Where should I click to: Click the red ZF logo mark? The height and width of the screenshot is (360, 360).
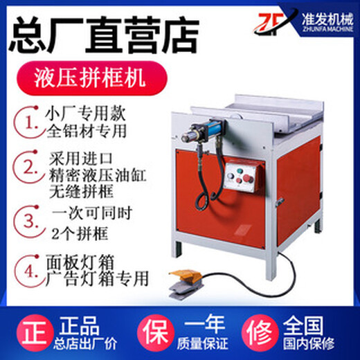point(270,24)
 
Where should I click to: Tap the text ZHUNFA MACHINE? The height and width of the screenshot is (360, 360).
point(327,29)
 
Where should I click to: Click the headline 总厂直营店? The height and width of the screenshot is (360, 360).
point(104,35)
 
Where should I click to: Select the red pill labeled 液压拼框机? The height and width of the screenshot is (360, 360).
point(91,78)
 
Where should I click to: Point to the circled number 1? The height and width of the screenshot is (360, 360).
point(30,123)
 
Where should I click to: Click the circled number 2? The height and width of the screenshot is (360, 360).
point(30,167)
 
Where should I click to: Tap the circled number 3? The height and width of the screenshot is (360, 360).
point(30,221)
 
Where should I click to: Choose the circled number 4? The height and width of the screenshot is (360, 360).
point(30,271)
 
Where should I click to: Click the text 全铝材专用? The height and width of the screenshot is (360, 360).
point(87,131)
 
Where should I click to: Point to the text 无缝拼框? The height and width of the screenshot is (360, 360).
point(82,192)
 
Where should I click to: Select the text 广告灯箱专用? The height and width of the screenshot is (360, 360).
point(97,279)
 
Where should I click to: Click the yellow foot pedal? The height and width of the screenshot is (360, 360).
point(186,285)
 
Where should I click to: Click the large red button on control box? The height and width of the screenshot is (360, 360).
point(247,178)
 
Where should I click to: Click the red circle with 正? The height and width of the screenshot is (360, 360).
point(35,333)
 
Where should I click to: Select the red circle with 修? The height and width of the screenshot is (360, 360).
point(260,333)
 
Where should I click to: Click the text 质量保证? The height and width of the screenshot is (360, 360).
point(202,343)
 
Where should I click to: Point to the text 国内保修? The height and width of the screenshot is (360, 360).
point(309,343)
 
